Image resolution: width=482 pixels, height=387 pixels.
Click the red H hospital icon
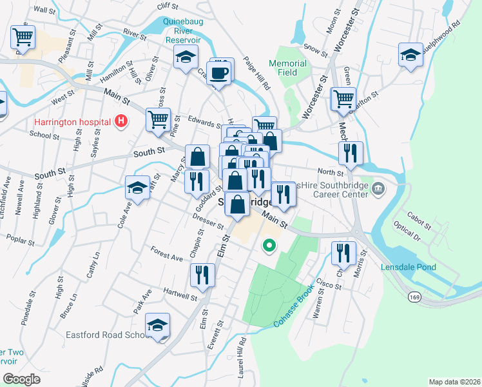tap(119, 121)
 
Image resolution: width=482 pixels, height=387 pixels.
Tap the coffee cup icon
tap(220, 72)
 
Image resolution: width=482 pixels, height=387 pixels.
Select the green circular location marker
tap(269, 245)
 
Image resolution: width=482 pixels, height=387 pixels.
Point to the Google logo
tap(21, 379)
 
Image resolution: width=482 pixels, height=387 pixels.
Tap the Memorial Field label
tap(287, 68)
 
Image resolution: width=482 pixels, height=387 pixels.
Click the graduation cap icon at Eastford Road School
tap(157, 326)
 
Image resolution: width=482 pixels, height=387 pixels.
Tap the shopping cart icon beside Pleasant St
tap(23, 37)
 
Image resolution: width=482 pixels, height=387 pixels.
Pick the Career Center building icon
tap(378, 190)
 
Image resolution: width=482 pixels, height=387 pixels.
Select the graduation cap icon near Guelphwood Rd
tap(410, 55)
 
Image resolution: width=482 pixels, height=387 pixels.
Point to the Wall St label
tap(44, 11)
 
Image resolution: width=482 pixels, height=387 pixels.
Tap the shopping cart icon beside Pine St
tap(157, 119)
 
